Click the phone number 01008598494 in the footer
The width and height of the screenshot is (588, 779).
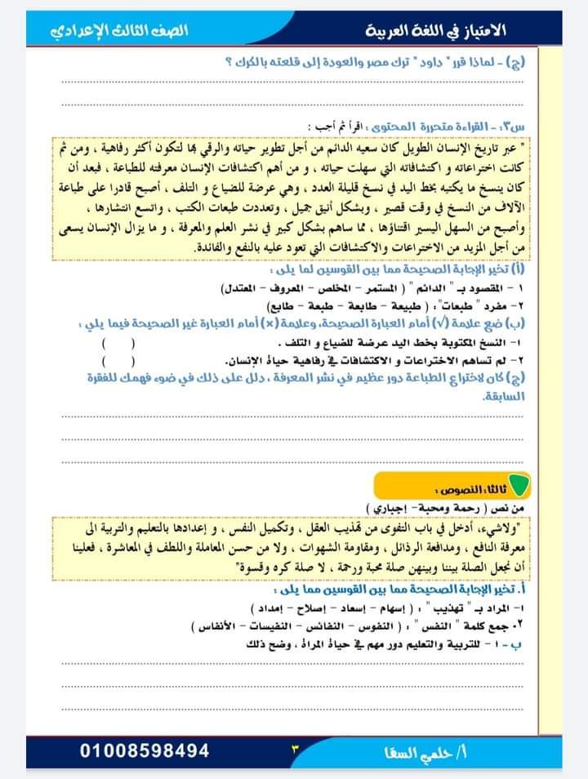pos(146,750)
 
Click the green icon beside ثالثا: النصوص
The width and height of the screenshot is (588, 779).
pos(519,487)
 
